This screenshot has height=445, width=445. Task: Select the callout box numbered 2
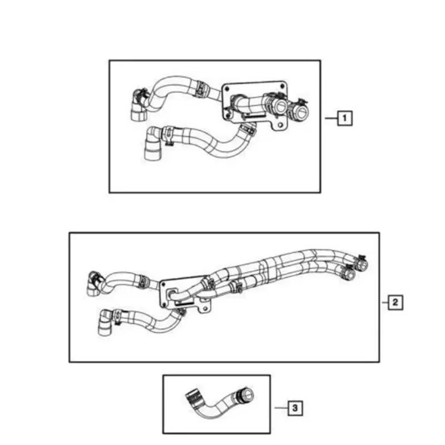tap(394, 302)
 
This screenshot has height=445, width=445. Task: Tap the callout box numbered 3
tap(295, 409)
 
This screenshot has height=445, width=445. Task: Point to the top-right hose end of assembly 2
tap(360, 259)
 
